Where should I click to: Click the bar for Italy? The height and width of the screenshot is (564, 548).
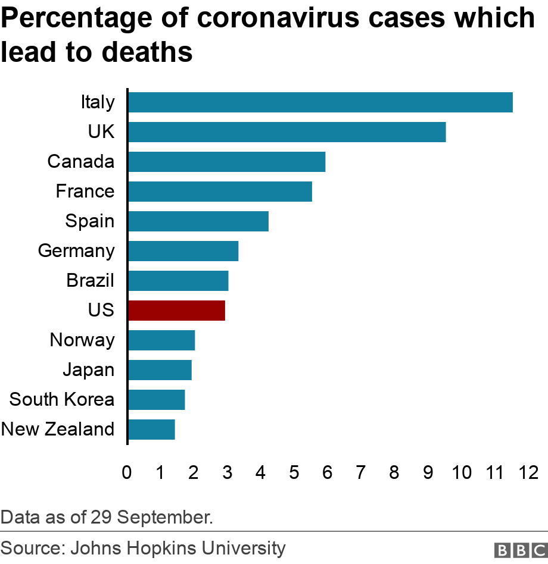[x=320, y=102]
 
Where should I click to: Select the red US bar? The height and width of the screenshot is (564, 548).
[x=176, y=311]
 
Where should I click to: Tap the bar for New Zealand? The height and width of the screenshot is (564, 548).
[x=151, y=430]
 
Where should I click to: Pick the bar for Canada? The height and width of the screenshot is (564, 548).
[x=226, y=162]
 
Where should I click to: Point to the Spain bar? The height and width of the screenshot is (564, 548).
[x=198, y=221]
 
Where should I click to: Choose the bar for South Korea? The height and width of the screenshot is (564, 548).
[x=156, y=400]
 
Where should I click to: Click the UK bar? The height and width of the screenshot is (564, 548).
[x=287, y=132]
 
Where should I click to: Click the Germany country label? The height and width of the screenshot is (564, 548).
[x=76, y=250]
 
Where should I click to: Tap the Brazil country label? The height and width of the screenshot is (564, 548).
[x=90, y=280]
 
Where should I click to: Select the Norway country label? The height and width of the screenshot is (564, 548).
[x=82, y=340]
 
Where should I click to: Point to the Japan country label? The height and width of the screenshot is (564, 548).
[x=88, y=369]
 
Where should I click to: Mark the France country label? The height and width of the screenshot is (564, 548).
[x=85, y=191]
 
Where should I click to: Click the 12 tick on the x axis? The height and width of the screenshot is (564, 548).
[x=528, y=473]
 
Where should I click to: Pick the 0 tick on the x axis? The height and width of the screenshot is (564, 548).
[x=127, y=473]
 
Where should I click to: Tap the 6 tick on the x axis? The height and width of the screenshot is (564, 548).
[x=327, y=473]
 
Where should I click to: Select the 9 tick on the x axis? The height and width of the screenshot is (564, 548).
[x=428, y=473]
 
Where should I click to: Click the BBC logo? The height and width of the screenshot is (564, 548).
[x=519, y=549]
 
